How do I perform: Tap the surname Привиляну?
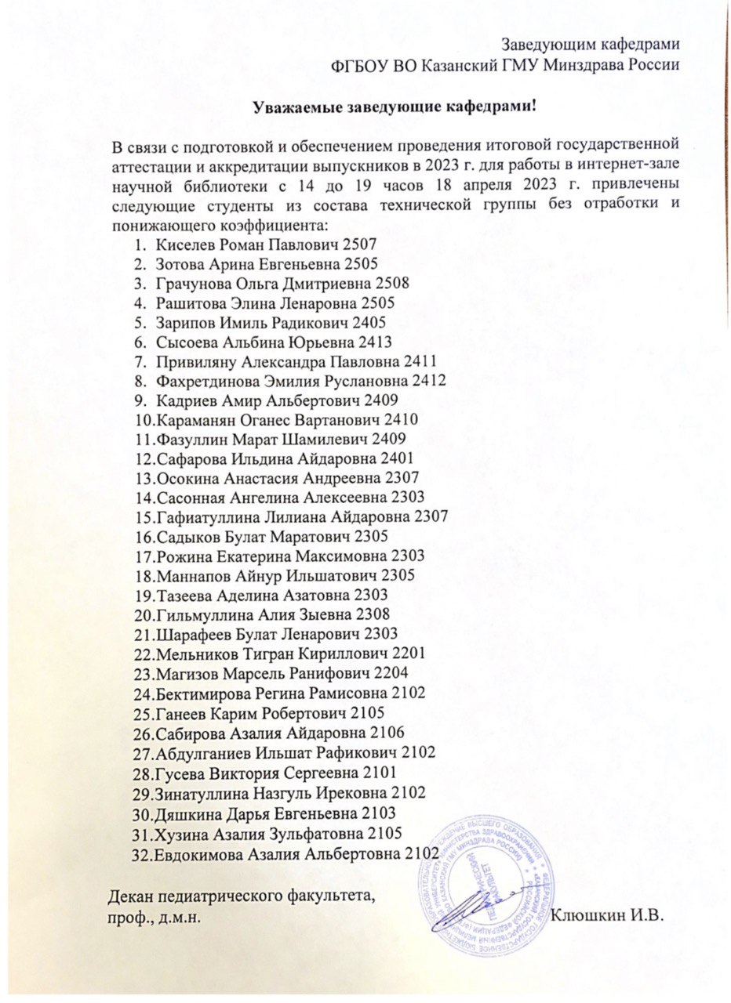pos(197,362)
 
